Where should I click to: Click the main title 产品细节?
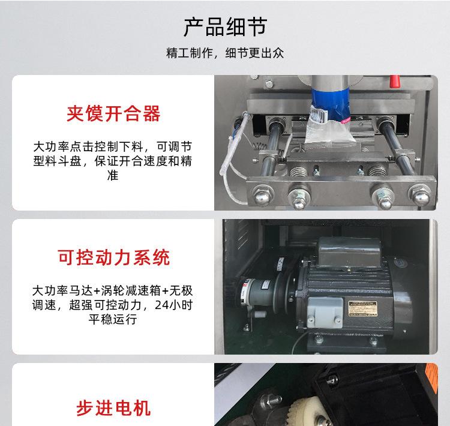[x=225, y=27]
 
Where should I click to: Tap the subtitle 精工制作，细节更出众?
[x=225, y=53]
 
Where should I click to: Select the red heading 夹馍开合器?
[x=113, y=113]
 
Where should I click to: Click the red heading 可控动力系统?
[x=113, y=257]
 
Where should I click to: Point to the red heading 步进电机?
[x=113, y=409]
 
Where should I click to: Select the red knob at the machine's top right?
[x=394, y=80]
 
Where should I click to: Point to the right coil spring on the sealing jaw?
[x=377, y=172]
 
